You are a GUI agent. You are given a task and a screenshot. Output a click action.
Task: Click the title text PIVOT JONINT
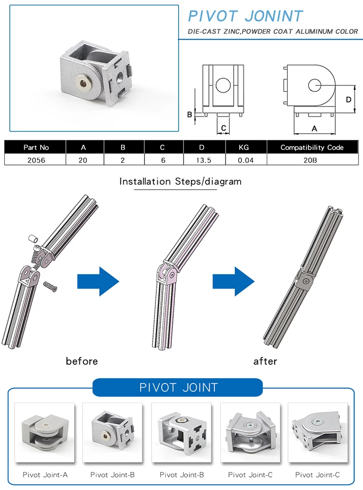[245, 16]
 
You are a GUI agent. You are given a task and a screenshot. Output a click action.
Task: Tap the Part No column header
[36, 148]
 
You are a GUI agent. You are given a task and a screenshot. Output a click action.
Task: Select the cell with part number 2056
[36, 160]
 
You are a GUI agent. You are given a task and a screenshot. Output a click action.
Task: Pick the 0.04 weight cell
[245, 160]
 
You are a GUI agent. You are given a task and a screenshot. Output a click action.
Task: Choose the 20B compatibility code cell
[312, 160]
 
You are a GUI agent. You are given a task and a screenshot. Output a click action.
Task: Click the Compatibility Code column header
[312, 148]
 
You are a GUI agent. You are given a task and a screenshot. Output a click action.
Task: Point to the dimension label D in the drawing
[348, 99]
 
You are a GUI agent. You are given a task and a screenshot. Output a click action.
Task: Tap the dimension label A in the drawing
[314, 129]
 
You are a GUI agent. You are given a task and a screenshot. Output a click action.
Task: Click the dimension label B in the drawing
[190, 115]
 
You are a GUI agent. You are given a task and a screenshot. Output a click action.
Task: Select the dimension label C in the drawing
[223, 128]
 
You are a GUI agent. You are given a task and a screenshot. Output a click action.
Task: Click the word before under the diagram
[82, 361]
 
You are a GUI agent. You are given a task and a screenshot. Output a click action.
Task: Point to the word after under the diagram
[265, 361]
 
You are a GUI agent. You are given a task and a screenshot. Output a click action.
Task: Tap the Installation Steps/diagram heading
[180, 182]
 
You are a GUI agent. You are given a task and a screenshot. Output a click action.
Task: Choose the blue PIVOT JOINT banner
[178, 387]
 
